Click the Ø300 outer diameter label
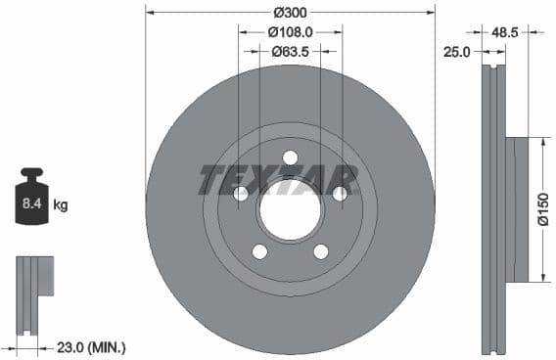pos(290,12)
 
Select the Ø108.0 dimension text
pos(290,31)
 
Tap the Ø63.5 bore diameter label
pos(290,50)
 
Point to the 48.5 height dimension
pos(504,31)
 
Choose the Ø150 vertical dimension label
pos(543,208)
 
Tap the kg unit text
pos(61,204)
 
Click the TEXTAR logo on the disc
pos(279,180)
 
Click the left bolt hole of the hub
pos(241,194)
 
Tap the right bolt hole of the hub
pos(340,194)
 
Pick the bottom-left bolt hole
pos(259,251)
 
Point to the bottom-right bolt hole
pos(320,251)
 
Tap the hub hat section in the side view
pos(517,208)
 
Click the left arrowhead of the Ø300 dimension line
pos(150,12)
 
